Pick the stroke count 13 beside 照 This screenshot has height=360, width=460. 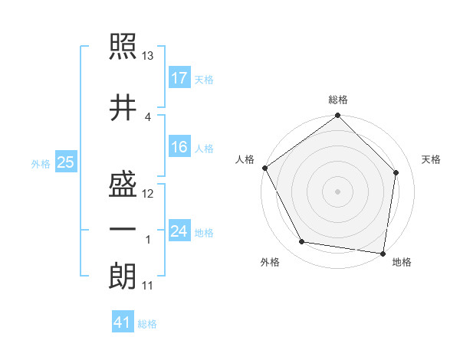148,56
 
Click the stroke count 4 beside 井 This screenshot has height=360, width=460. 147,116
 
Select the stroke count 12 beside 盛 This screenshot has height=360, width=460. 148,194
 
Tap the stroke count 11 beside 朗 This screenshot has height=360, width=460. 148,286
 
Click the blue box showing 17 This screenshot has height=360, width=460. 179,77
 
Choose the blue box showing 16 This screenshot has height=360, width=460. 179,147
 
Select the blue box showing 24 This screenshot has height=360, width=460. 179,231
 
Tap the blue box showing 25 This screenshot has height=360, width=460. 65,162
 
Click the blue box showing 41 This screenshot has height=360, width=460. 123,322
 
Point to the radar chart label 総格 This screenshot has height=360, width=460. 338,100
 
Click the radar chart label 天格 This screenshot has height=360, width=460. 431,159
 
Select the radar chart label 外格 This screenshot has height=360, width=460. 270,262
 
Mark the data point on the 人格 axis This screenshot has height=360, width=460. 265,168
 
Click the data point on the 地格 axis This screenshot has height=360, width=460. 383,253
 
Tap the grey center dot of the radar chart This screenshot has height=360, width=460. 338,191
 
